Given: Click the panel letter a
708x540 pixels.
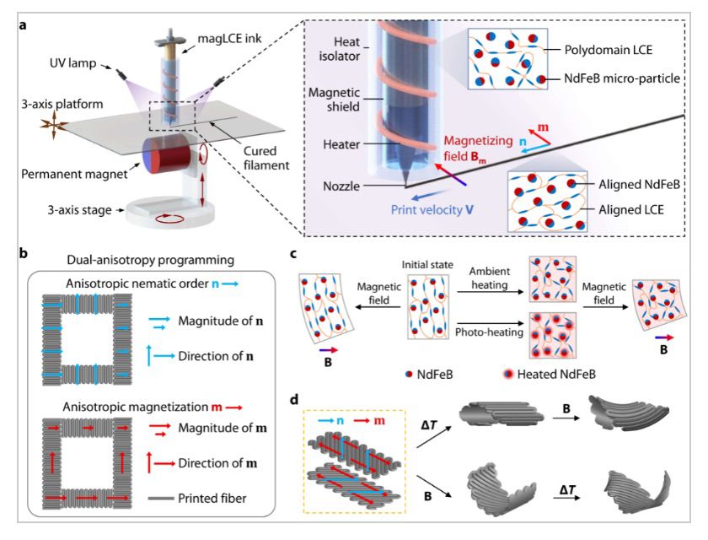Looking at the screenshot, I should tap(22, 25).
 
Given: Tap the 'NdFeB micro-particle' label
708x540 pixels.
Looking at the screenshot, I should tap(618, 78).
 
